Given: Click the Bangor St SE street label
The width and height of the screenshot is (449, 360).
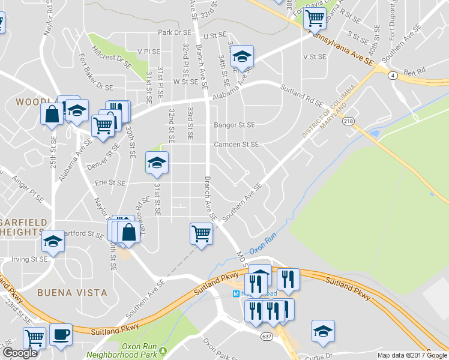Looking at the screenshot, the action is tap(234, 125).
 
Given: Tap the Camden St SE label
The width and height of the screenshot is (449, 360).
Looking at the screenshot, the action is tap(237, 145).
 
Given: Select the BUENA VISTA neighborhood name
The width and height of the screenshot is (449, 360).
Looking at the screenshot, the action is tap(72, 293).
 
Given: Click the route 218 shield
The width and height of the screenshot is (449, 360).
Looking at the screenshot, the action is tap(348, 122).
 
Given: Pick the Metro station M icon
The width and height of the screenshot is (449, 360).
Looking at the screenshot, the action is tap(237, 294).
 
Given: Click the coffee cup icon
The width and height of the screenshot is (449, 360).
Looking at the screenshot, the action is tap(61, 335).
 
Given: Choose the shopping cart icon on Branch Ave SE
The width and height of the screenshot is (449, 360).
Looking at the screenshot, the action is tap(201, 233).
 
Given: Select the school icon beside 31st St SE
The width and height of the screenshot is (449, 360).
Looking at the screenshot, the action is tap(157, 163).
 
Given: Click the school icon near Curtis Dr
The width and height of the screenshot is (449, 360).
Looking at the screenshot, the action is tap(323, 331).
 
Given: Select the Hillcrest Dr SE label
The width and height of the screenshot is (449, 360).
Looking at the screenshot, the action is tap(112, 53).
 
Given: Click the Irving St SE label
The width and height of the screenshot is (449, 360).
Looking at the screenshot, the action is tap(29, 260).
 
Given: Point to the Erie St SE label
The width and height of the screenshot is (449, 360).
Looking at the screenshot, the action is tap(109, 183).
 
